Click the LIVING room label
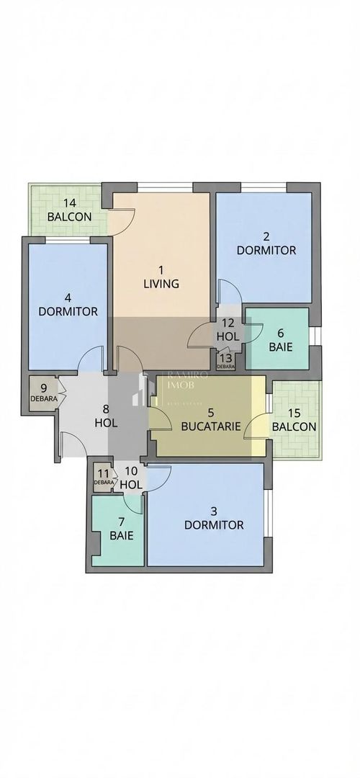[x=161, y=284]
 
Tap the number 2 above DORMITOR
[x=266, y=236]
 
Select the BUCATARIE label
[x=210, y=426]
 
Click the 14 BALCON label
[x=69, y=210]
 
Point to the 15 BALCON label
[x=294, y=419]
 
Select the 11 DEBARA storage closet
[x=104, y=477]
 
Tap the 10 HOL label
[x=131, y=478]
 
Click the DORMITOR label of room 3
[x=213, y=524]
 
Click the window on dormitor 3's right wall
[x=268, y=513]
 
